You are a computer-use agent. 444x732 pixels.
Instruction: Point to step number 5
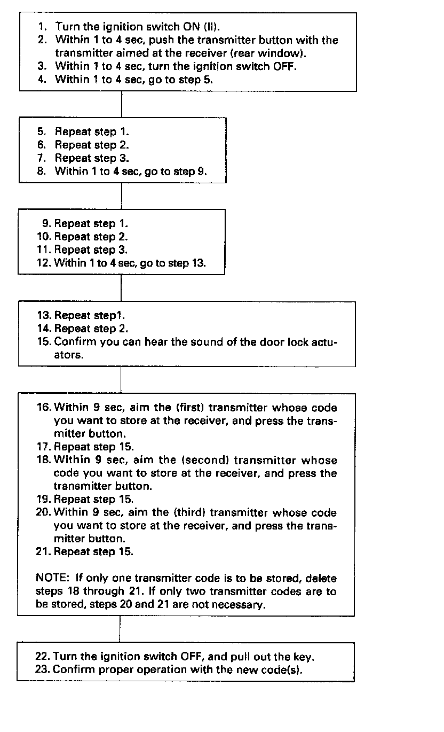(42, 131)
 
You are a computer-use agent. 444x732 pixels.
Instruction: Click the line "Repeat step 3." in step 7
(92, 158)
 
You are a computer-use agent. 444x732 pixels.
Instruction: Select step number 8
(42, 172)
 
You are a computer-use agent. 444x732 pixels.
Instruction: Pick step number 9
(46, 223)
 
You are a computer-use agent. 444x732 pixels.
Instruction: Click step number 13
(44, 315)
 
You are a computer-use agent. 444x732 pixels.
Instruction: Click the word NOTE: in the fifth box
(51, 579)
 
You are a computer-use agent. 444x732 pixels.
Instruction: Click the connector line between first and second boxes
(122, 104)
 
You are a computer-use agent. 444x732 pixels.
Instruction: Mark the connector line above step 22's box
(120, 629)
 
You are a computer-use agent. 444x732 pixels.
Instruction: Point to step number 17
(44, 447)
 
